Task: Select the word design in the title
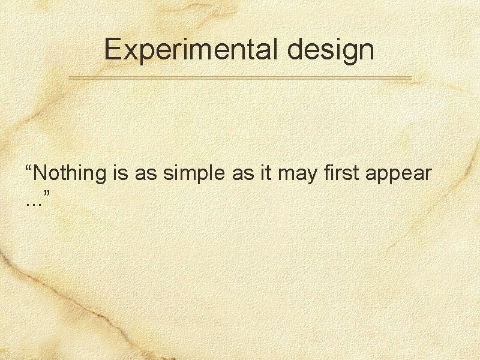click(x=331, y=50)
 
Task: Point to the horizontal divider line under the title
click(x=240, y=78)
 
